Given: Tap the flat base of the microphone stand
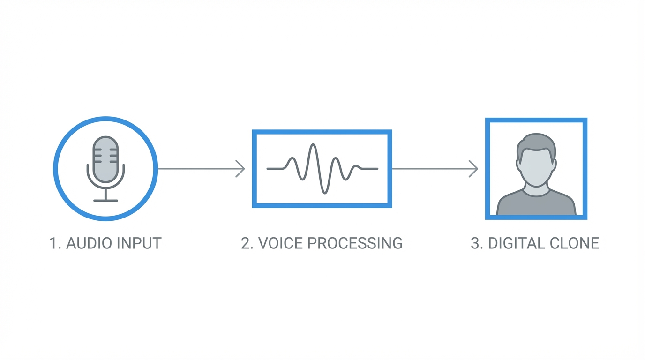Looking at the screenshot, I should [x=105, y=201].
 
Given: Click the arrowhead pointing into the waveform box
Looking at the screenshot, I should [x=241, y=169].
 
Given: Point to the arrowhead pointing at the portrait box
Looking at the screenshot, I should [x=474, y=169].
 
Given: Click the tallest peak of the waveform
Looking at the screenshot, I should [x=313, y=146].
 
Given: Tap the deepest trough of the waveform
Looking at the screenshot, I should [x=324, y=191].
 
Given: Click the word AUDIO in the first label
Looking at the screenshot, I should [x=90, y=243].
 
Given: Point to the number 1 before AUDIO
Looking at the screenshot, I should [x=53, y=243].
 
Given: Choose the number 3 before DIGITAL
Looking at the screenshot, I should [x=475, y=243].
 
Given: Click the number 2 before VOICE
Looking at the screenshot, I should [x=245, y=243].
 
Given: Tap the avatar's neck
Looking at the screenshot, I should [x=536, y=188].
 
